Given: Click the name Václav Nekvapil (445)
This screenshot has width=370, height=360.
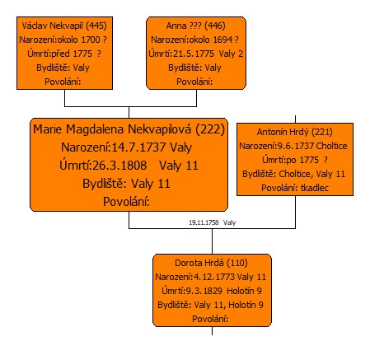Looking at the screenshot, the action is (x=64, y=26).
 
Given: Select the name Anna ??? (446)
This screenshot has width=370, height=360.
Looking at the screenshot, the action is (x=195, y=26).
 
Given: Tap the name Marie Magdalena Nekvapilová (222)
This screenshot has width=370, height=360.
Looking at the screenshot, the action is (x=129, y=129).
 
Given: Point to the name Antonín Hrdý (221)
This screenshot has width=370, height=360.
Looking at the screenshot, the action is (x=295, y=132).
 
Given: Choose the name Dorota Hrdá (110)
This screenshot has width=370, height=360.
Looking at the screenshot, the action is (x=211, y=263).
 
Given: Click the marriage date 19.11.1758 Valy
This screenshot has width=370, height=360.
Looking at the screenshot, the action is (x=212, y=222).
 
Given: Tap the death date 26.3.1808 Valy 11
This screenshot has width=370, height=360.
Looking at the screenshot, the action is (x=129, y=166).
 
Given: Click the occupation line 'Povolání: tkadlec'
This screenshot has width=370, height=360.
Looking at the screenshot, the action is (x=295, y=188).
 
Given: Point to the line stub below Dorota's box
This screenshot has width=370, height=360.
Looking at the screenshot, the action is (x=212, y=331).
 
